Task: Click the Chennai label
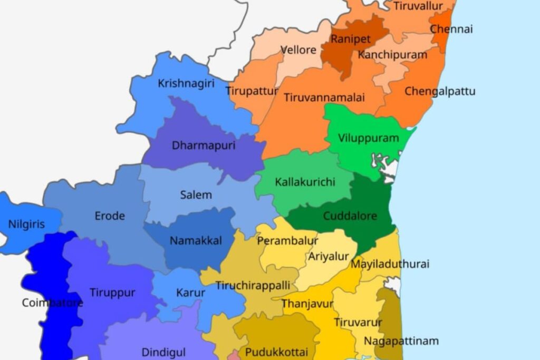[451, 29]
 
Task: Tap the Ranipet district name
[350, 39]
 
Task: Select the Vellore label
[298, 50]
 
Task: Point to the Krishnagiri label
[186, 83]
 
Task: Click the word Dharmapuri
[204, 145]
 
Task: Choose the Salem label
[196, 194]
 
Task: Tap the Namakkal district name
[196, 241]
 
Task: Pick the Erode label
[110, 216]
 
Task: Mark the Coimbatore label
[52, 303]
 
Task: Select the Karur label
[191, 293]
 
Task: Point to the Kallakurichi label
[305, 182]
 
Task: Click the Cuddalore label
[350, 216]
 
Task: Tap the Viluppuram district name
[369, 139]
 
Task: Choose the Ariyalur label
[329, 257]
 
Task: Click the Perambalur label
[287, 241]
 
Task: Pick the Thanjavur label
[307, 304]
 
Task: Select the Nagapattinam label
[401, 340]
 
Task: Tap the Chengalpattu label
[440, 91]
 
